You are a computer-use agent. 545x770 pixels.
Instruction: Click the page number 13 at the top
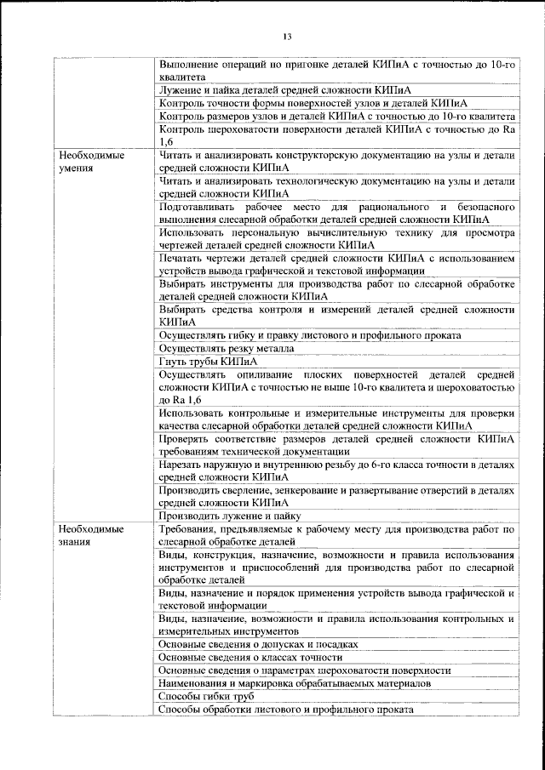287,36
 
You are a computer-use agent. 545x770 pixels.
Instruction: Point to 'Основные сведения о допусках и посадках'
258,645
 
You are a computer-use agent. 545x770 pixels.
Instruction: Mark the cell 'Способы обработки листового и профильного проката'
286,709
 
